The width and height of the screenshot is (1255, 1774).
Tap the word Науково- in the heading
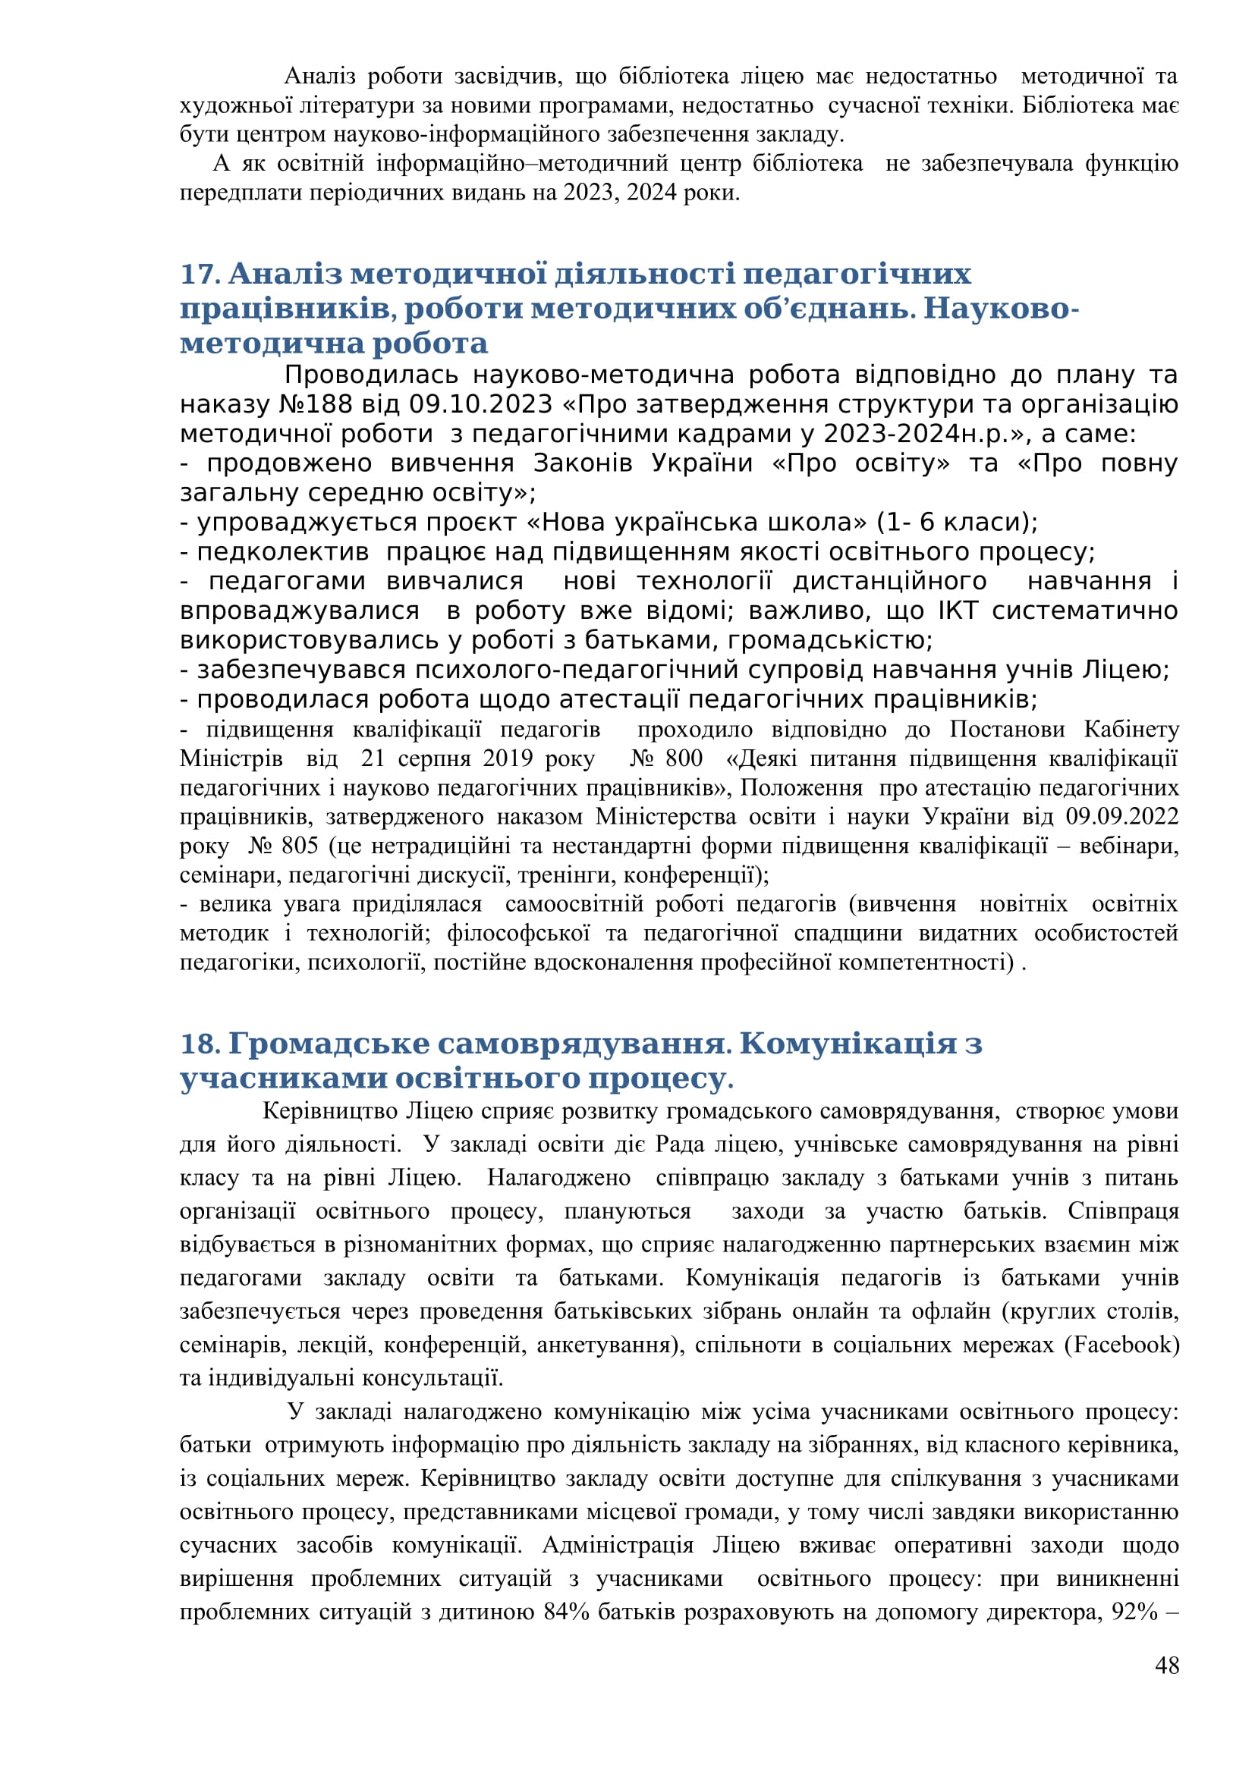(1001, 308)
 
